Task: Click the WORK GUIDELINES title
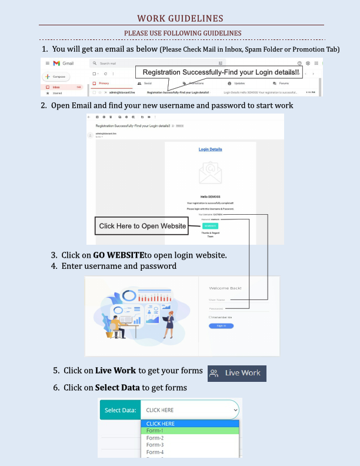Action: [180, 18]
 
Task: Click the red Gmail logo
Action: [57, 63]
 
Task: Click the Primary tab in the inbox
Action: [104, 84]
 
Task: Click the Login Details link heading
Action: [211, 149]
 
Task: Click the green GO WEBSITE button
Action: [210, 226]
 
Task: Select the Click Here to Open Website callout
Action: [142, 226]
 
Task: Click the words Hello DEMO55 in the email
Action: [211, 197]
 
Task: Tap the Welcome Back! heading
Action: [225, 288]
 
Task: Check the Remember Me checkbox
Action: [210, 317]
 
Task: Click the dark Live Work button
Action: [237, 373]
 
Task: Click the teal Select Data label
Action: [120, 410]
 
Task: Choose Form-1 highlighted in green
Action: [189, 431]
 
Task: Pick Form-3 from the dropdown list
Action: [155, 445]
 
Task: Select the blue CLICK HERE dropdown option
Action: [189, 424]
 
